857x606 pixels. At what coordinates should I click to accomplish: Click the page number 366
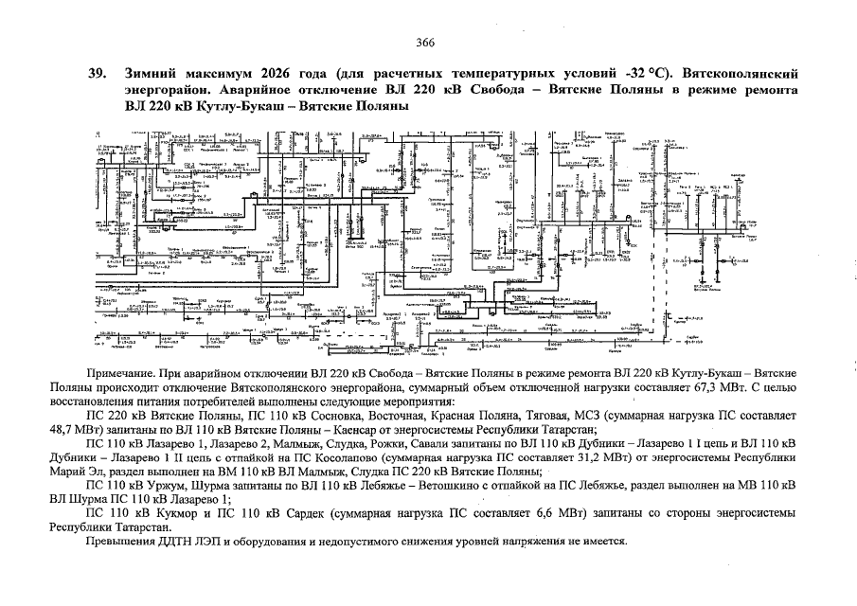point(424,42)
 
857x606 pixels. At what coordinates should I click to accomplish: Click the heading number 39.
point(96,74)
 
